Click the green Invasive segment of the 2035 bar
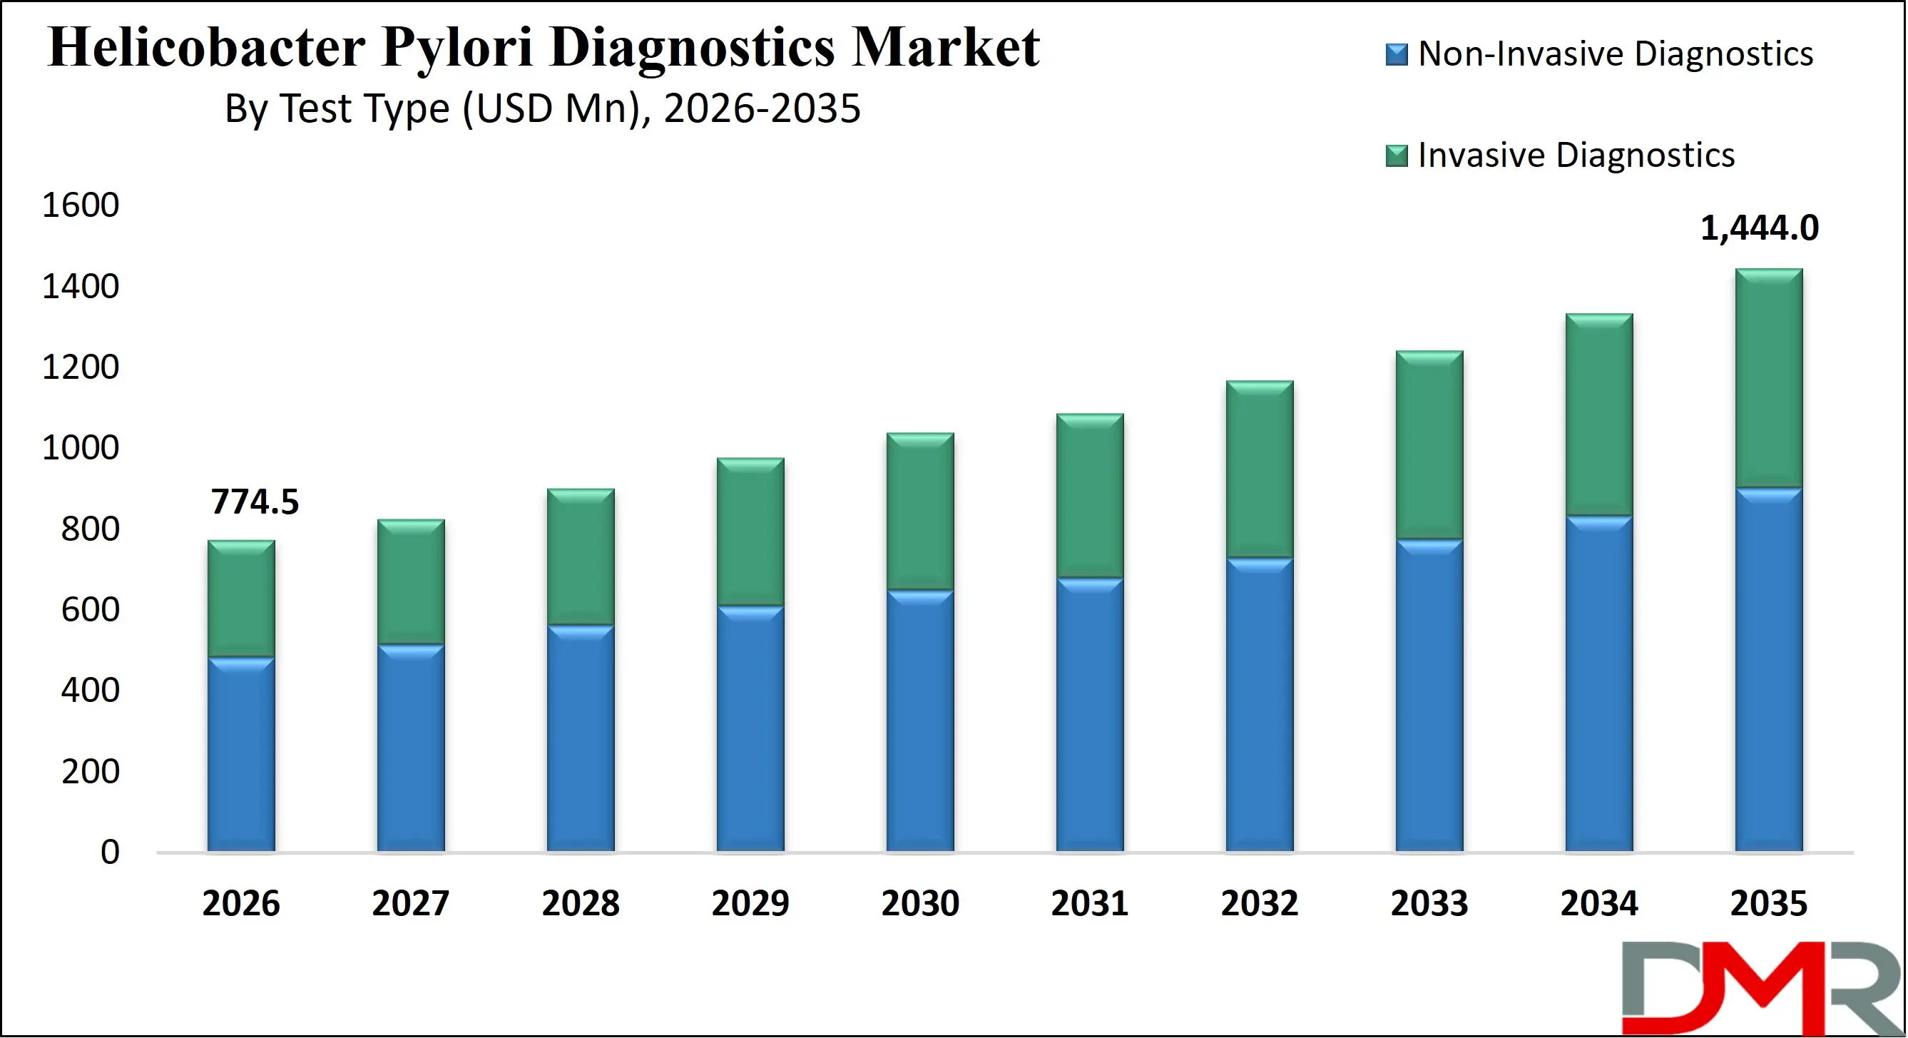point(1769,378)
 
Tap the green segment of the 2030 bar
point(920,512)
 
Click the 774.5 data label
point(255,502)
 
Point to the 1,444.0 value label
point(1758,228)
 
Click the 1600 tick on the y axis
point(80,205)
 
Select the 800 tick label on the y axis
point(90,529)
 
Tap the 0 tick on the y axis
point(110,852)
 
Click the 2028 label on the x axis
point(580,904)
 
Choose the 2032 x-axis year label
point(1259,904)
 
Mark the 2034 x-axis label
point(1598,904)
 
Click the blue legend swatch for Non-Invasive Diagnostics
point(1396,55)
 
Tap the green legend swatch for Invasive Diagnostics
point(1396,156)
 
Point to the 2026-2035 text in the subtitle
point(762,109)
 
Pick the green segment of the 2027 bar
point(410,581)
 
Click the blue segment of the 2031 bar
point(1090,714)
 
